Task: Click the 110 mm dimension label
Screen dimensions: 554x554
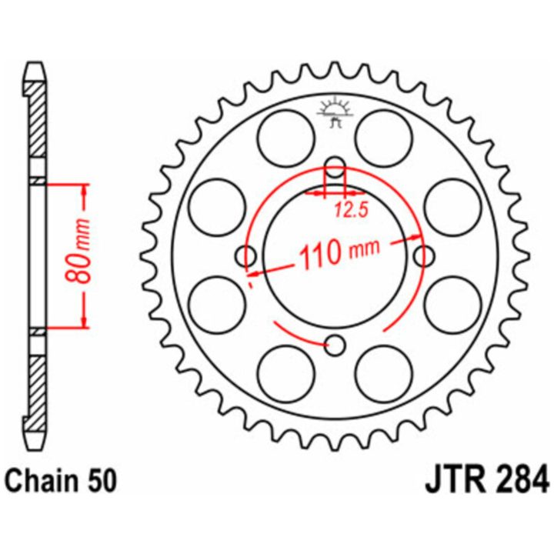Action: (x=339, y=252)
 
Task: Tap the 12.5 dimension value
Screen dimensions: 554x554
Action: (x=351, y=211)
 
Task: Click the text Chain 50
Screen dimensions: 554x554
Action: (x=61, y=481)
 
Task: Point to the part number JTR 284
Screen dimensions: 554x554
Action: (x=488, y=480)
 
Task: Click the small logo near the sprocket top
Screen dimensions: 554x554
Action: (x=335, y=112)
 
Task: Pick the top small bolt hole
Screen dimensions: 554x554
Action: (x=335, y=168)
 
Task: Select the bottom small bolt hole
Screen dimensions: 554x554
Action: (x=335, y=345)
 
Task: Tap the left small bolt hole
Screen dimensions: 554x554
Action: (x=246, y=256)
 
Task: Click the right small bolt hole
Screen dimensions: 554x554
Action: (x=424, y=256)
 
